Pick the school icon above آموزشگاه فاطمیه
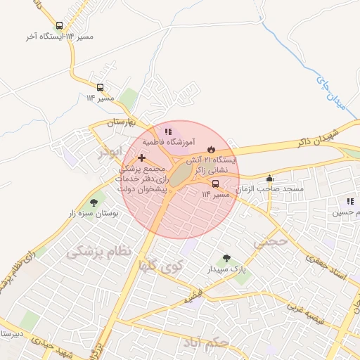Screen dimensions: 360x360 167,131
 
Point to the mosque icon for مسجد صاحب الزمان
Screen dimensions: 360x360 269,178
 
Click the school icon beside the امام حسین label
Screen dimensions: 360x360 349,201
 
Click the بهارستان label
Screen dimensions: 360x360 124,123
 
